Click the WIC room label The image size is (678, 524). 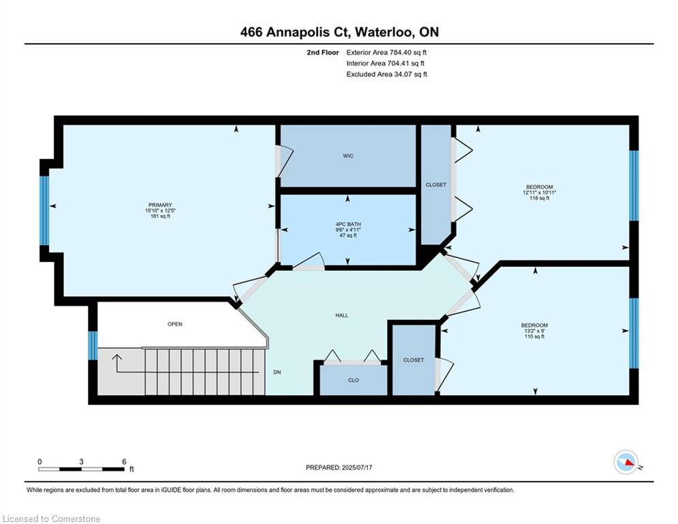tap(348, 156)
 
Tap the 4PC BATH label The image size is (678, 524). tap(348, 224)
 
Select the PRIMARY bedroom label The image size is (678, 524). tap(160, 205)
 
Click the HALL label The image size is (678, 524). tap(341, 315)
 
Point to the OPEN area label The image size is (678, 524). tap(175, 324)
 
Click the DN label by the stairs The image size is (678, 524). tap(277, 372)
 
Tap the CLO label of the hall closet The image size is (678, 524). tap(353, 380)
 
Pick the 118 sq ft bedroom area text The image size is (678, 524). tap(539, 198)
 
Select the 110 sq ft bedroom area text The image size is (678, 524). tap(534, 336)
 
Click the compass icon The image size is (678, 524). tap(626, 462)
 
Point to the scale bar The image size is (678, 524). tap(81, 469)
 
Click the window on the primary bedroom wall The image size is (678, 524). tap(44, 210)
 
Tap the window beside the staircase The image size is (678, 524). tap(93, 345)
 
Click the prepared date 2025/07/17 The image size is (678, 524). tap(357, 467)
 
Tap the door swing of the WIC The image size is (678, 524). tap(286, 161)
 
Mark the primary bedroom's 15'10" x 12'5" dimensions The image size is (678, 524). tap(160, 210)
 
